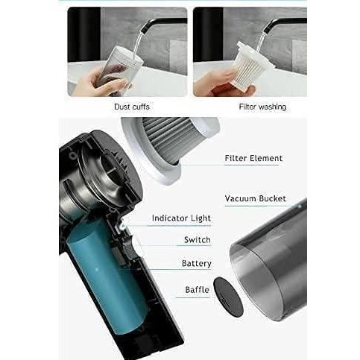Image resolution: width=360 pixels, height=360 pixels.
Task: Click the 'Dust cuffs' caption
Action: [x=131, y=107]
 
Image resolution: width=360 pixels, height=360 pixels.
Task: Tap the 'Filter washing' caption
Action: [x=262, y=107]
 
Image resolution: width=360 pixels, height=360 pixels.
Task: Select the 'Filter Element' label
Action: [x=253, y=158]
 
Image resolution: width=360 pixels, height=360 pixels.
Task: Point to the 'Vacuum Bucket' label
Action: [x=255, y=199]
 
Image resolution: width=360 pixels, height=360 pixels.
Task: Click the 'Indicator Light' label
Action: [x=181, y=218]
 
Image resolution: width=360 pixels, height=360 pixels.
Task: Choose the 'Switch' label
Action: [x=197, y=240]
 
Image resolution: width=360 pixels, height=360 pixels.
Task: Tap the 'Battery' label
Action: [x=197, y=263]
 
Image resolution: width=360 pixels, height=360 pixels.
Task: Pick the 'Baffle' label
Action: [x=198, y=289]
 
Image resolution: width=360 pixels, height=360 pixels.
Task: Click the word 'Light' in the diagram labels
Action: [x=200, y=218]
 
